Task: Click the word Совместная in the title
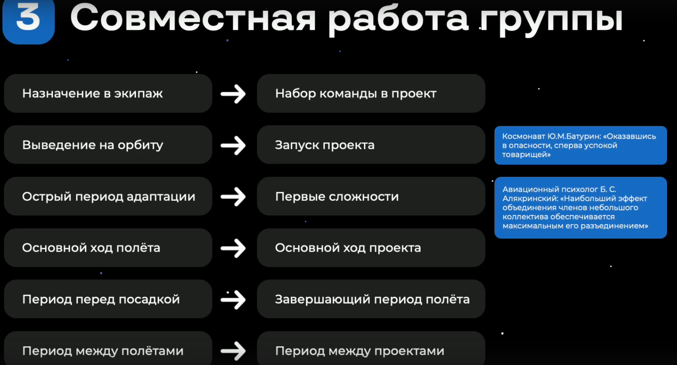pyautogui.click(x=193, y=18)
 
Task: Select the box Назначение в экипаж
pyautogui.click(x=108, y=93)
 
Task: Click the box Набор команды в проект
pyautogui.click(x=371, y=93)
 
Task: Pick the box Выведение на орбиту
pyautogui.click(x=108, y=145)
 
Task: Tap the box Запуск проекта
pyautogui.click(x=371, y=145)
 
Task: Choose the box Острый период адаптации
pyautogui.click(x=108, y=196)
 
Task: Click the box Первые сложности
pyautogui.click(x=371, y=196)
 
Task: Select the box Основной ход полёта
pyautogui.click(x=108, y=248)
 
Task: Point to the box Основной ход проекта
pyautogui.click(x=371, y=248)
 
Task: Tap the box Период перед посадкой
pyautogui.click(x=108, y=299)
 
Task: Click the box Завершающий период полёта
pyautogui.click(x=371, y=299)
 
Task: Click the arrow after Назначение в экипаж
pyautogui.click(x=233, y=94)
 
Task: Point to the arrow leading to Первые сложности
pyautogui.click(x=233, y=197)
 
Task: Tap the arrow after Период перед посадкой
pyautogui.click(x=233, y=300)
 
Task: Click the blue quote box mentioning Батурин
pyautogui.click(x=580, y=145)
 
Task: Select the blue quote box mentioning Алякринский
pyautogui.click(x=580, y=208)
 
